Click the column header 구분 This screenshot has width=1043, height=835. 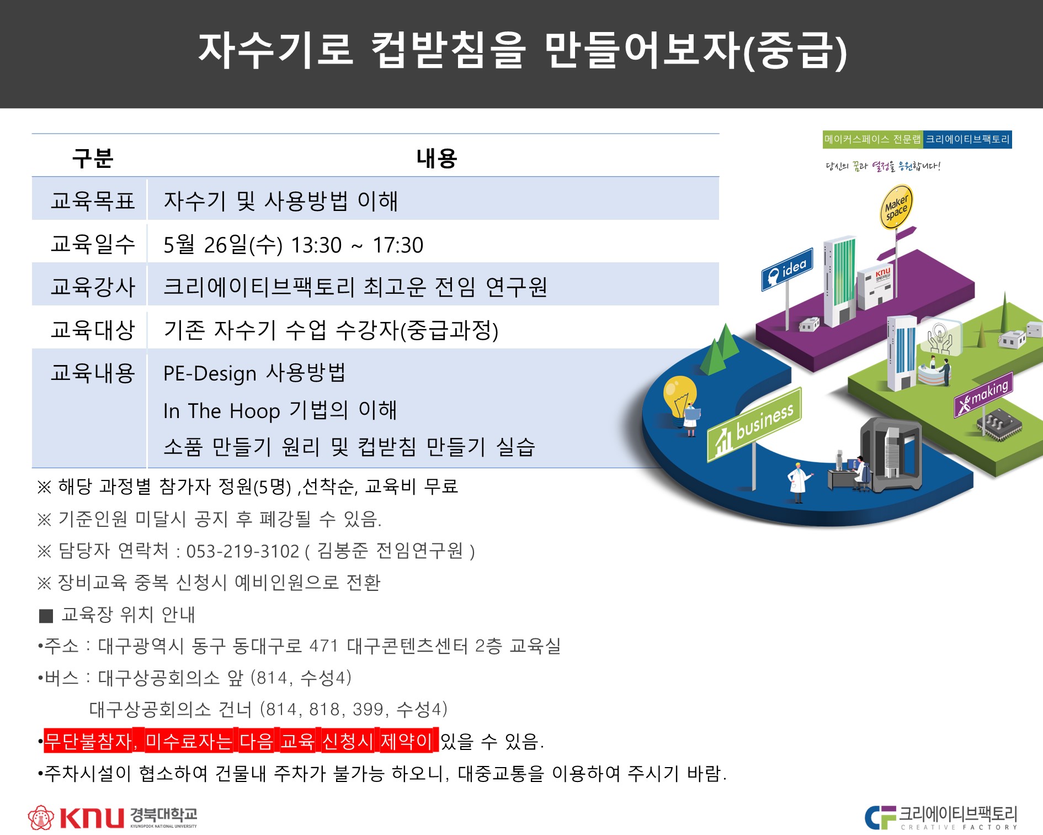tap(93, 158)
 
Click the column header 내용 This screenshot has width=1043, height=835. tap(437, 158)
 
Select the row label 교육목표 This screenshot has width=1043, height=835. tap(93, 200)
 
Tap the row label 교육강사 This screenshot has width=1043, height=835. tap(93, 287)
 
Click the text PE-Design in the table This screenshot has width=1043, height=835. tap(210, 374)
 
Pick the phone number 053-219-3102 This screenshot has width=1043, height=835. tap(243, 551)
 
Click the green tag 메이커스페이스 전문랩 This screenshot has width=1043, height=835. tap(872, 139)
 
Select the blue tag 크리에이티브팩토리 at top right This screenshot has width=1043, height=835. tap(968, 139)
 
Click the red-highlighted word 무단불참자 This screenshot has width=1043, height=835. tap(90, 741)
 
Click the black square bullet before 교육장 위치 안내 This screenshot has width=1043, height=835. tap(46, 616)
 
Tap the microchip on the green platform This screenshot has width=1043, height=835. tap(999, 425)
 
